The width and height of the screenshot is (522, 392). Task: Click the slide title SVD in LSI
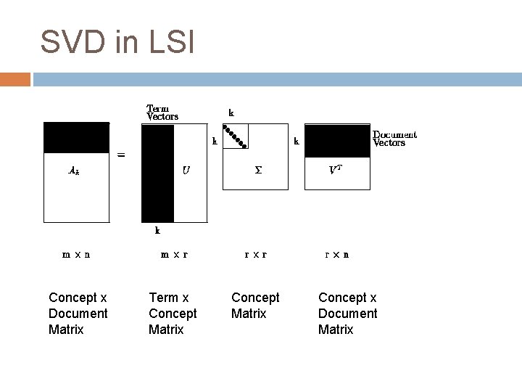click(x=117, y=42)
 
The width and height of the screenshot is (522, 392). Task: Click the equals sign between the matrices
click(x=121, y=155)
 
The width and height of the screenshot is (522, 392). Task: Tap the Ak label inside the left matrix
click(x=74, y=171)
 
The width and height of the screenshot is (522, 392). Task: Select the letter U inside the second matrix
click(x=186, y=171)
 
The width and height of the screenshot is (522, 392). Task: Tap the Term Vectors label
click(x=162, y=112)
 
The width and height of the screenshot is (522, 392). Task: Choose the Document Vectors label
click(x=394, y=139)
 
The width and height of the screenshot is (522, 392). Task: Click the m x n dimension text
click(x=76, y=255)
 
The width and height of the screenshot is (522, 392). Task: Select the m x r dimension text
click(x=174, y=255)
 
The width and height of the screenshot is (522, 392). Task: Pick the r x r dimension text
click(x=255, y=255)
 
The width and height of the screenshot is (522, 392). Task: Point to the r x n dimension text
click(x=336, y=255)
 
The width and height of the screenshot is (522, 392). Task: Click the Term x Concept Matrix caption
click(x=173, y=314)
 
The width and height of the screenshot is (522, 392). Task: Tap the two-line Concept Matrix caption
click(x=254, y=306)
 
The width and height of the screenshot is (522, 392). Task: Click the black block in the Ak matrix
click(x=76, y=137)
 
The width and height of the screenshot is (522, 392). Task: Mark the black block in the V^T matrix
click(x=337, y=141)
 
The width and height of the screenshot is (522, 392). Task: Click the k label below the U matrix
click(x=157, y=231)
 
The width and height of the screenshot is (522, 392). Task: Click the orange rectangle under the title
click(x=15, y=79)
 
